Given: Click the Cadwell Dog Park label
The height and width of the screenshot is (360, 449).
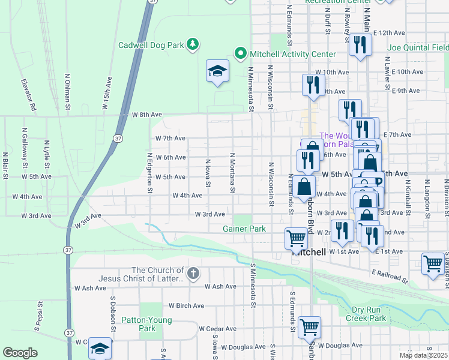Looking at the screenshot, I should pyautogui.click(x=150, y=45).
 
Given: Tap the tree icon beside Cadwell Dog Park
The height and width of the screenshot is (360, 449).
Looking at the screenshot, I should pyautogui.click(x=192, y=44).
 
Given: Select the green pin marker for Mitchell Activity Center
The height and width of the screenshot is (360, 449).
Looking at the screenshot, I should pyautogui.click(x=241, y=54).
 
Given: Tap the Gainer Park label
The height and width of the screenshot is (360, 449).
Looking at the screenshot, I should pyautogui.click(x=244, y=229).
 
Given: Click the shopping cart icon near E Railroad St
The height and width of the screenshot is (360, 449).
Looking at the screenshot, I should pyautogui.click(x=433, y=264).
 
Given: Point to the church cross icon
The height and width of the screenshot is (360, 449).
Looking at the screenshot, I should pyautogui.click(x=193, y=274).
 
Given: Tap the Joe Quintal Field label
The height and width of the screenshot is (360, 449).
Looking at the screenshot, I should pyautogui.click(x=417, y=47).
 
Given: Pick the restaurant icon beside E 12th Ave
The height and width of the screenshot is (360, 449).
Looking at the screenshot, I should pyautogui.click(x=360, y=46).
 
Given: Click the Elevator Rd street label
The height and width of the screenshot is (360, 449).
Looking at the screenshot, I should pyautogui.click(x=29, y=95).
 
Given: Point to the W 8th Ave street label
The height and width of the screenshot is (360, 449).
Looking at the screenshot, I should pyautogui.click(x=147, y=114).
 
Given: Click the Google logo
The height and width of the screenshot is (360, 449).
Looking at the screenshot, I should pyautogui.click(x=20, y=353).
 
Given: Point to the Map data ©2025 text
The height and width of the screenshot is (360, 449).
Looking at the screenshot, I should pyautogui.click(x=423, y=355).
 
